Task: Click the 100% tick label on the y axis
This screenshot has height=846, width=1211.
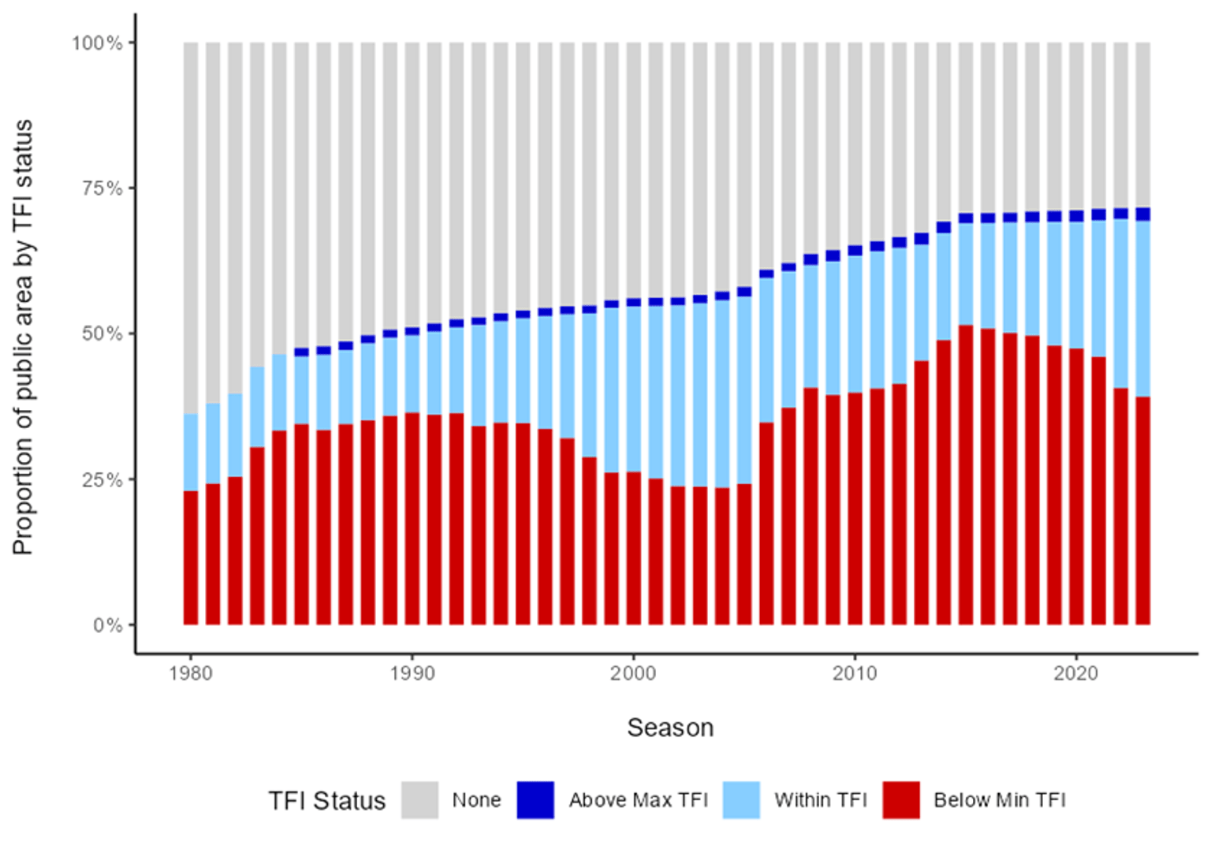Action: point(97,43)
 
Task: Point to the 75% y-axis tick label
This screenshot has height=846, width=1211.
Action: point(102,188)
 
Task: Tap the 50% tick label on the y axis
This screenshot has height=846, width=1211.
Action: point(102,334)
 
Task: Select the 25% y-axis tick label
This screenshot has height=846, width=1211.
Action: point(102,479)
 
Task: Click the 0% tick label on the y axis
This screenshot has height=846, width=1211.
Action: point(107,625)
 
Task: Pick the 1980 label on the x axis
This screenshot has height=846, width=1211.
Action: point(191,673)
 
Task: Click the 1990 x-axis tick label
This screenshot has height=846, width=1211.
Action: point(412,673)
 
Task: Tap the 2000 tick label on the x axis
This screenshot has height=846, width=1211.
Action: point(633,673)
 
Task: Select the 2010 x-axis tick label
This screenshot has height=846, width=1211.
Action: point(855,673)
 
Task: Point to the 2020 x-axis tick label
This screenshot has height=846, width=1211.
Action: point(1076,673)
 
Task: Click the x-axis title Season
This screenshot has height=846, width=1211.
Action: point(670,727)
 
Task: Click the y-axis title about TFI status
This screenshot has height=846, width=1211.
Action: point(23,337)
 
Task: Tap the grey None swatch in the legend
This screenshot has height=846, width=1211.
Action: point(419,800)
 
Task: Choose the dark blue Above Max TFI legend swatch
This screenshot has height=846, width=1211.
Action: point(535,800)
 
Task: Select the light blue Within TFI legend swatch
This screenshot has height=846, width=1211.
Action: point(741,800)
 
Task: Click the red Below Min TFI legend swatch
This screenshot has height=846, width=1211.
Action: point(901,800)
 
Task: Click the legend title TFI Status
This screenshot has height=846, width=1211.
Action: point(326,800)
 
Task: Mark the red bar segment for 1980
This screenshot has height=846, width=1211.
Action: point(191,557)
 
